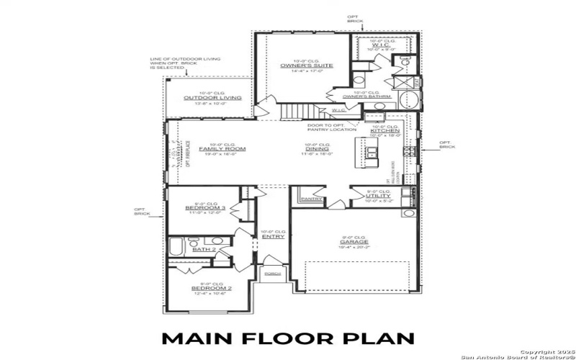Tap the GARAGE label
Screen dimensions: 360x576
pyautogui.click(x=354, y=243)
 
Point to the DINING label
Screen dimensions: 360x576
pyautogui.click(x=317, y=149)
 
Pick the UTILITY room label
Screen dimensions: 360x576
pyautogui.click(x=378, y=196)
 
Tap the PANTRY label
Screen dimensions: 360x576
pyautogui.click(x=311, y=199)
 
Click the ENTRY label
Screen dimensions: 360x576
pyautogui.click(x=273, y=236)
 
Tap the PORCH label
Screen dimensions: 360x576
pyautogui.click(x=272, y=274)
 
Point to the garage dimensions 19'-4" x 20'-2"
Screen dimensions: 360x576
pyautogui.click(x=354, y=248)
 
